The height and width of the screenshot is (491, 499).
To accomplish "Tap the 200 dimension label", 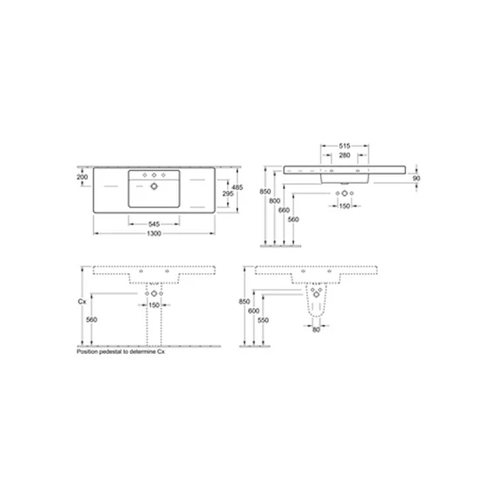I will point(82,177).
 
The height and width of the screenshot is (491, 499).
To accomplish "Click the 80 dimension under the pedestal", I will point(318,330).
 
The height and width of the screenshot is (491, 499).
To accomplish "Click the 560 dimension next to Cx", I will point(91,319).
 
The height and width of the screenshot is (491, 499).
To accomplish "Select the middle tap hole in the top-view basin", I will point(154,176).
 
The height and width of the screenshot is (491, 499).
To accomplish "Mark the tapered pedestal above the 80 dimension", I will point(318,304).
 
